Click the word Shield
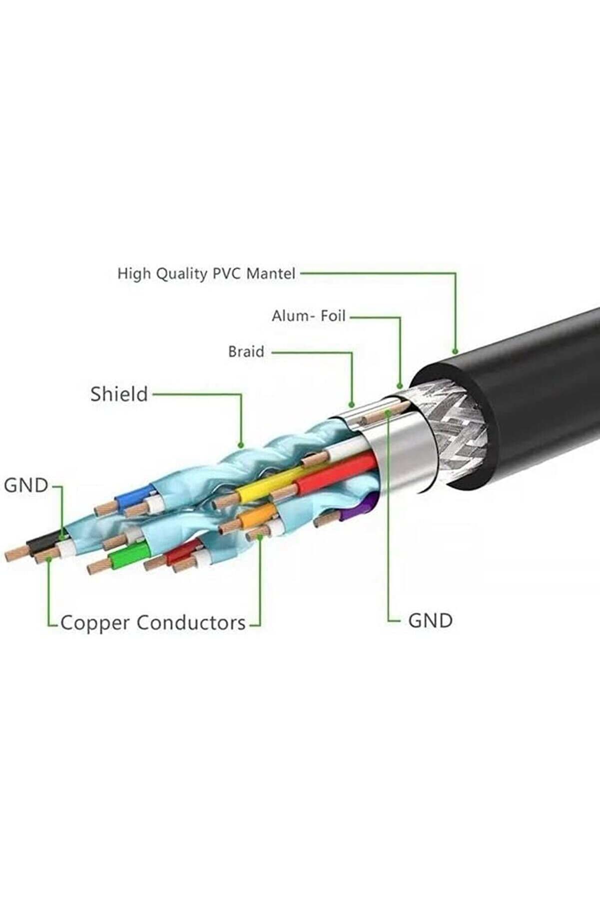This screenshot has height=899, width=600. point(119,394)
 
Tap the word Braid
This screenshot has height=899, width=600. point(246,352)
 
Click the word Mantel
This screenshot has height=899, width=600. point(271,274)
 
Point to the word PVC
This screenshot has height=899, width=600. point(227,274)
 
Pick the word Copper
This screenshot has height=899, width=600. point(96,623)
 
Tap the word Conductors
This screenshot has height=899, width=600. point(191,623)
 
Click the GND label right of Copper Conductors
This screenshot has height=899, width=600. point(430,620)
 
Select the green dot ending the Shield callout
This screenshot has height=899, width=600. point(241,444)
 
